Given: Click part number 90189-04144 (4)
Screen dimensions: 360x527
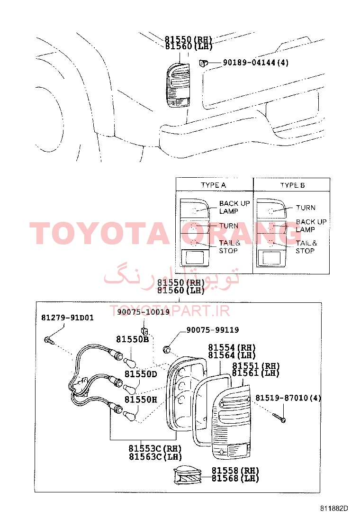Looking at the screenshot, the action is point(256,63).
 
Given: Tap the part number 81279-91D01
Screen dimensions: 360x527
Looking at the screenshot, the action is point(67,318).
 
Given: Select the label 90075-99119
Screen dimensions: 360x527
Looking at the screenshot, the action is point(213,330).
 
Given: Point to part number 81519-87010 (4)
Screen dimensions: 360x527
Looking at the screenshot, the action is point(288,398).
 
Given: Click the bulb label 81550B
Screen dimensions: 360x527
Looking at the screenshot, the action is point(132,339).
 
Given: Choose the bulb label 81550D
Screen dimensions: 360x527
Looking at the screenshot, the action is point(141,374).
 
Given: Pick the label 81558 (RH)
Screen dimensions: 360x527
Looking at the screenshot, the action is point(235,471).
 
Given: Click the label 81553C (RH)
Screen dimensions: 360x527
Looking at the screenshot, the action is point(155,448).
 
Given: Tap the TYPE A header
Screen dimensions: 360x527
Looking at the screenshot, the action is point(213,185).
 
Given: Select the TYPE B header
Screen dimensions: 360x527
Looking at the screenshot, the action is point(293,185).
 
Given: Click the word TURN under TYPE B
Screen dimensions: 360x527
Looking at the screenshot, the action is point(306,208).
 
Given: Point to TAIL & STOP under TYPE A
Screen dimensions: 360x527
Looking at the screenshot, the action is point(230,247).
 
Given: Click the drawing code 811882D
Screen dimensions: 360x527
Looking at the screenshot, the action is point(334,508).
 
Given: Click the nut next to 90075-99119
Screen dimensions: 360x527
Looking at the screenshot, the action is point(166,350).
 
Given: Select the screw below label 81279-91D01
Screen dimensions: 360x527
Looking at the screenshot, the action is point(49,340).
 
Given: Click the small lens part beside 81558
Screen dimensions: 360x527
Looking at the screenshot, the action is point(188,475).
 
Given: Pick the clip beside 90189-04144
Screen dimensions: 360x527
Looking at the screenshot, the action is point(203,63).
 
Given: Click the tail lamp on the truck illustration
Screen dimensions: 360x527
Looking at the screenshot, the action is point(178,85).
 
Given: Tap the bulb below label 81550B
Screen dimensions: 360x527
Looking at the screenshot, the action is point(130,363).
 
